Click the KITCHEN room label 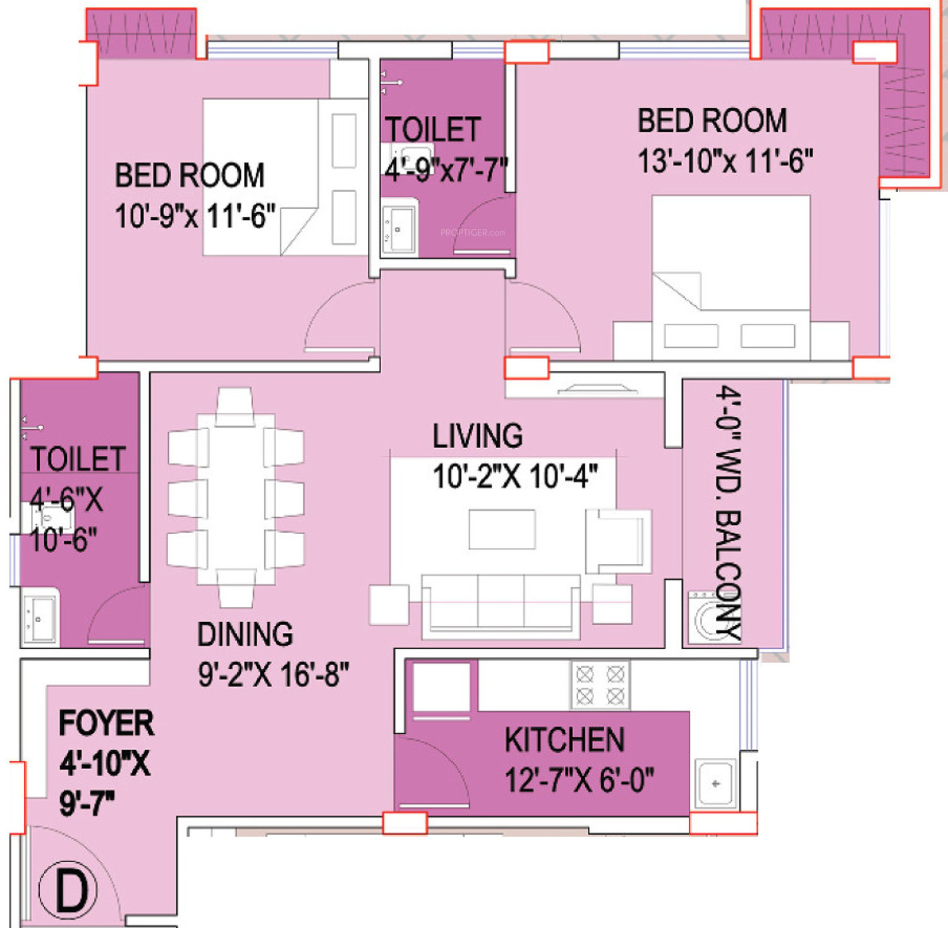(564, 740)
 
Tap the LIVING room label (478, 436)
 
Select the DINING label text (245, 634)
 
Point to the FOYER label (106, 723)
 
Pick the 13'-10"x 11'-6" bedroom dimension (725, 161)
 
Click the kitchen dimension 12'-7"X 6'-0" (579, 779)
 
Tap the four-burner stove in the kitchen (600, 685)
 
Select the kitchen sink (716, 784)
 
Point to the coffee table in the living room (502, 529)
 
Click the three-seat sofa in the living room (501, 605)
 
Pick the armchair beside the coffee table (618, 542)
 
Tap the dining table (236, 499)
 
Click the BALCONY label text (728, 576)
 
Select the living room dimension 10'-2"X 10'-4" (515, 476)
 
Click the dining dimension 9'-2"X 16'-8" (273, 674)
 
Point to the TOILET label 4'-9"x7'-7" (446, 149)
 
